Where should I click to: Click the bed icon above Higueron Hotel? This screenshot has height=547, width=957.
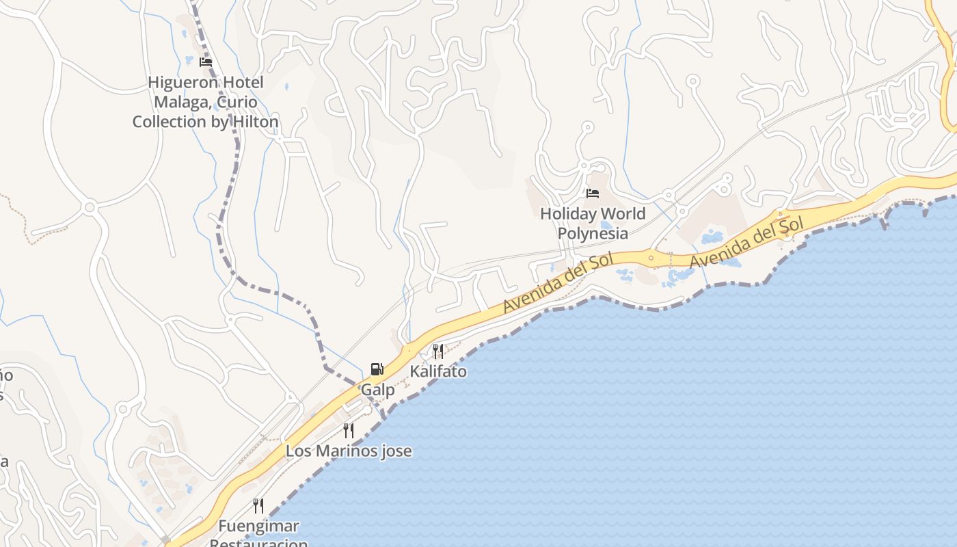coord(205,62)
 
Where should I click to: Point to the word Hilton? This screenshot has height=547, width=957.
coord(255,122)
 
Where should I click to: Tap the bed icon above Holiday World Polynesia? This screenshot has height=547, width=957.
coord(593,194)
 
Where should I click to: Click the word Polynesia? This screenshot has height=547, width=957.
coord(593,233)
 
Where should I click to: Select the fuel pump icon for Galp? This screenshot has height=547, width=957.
coord(377,370)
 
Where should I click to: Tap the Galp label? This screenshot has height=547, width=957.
coord(378,390)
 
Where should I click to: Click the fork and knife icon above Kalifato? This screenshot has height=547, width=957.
coord(438,351)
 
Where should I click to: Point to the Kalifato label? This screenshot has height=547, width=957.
coord(438,371)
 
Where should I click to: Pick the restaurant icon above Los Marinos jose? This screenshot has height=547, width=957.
coord(349,430)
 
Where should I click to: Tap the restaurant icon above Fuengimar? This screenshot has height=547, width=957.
coord(258,506)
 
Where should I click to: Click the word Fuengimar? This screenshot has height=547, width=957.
coord(258,526)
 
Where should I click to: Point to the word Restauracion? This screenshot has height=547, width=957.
coord(258,543)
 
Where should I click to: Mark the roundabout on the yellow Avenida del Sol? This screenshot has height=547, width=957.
coord(651,258)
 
